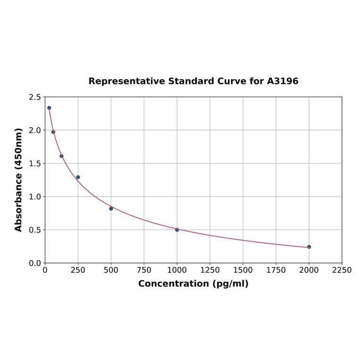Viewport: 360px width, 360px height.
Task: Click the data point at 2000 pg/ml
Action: click(x=309, y=247)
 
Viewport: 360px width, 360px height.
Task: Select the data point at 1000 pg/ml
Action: click(x=177, y=230)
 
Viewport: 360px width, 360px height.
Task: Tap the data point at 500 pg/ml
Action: click(x=111, y=208)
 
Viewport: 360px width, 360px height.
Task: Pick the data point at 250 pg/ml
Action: click(x=78, y=177)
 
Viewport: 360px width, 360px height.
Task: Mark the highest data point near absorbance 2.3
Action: click(x=49, y=108)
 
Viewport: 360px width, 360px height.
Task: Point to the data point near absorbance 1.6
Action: click(x=61, y=156)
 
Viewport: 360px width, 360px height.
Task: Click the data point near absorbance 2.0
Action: click(x=53, y=132)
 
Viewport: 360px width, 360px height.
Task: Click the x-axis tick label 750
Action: click(x=144, y=270)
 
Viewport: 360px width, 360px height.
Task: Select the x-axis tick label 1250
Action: click(x=210, y=270)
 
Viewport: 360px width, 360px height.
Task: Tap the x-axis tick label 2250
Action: click(x=342, y=270)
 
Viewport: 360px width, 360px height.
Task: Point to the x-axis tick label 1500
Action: click(x=243, y=270)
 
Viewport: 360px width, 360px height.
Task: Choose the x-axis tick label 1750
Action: click(x=276, y=270)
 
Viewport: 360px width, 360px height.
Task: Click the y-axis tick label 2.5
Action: click(x=35, y=97)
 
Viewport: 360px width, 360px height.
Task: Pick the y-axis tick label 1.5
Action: click(x=35, y=164)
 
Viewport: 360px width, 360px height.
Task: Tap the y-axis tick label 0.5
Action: click(x=35, y=230)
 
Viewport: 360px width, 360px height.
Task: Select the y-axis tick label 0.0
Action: click(x=35, y=263)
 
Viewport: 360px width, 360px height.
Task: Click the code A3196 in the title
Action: click(x=283, y=81)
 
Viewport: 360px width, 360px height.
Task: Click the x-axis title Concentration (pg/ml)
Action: click(x=193, y=284)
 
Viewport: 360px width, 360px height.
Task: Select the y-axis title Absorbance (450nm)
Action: click(x=19, y=180)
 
